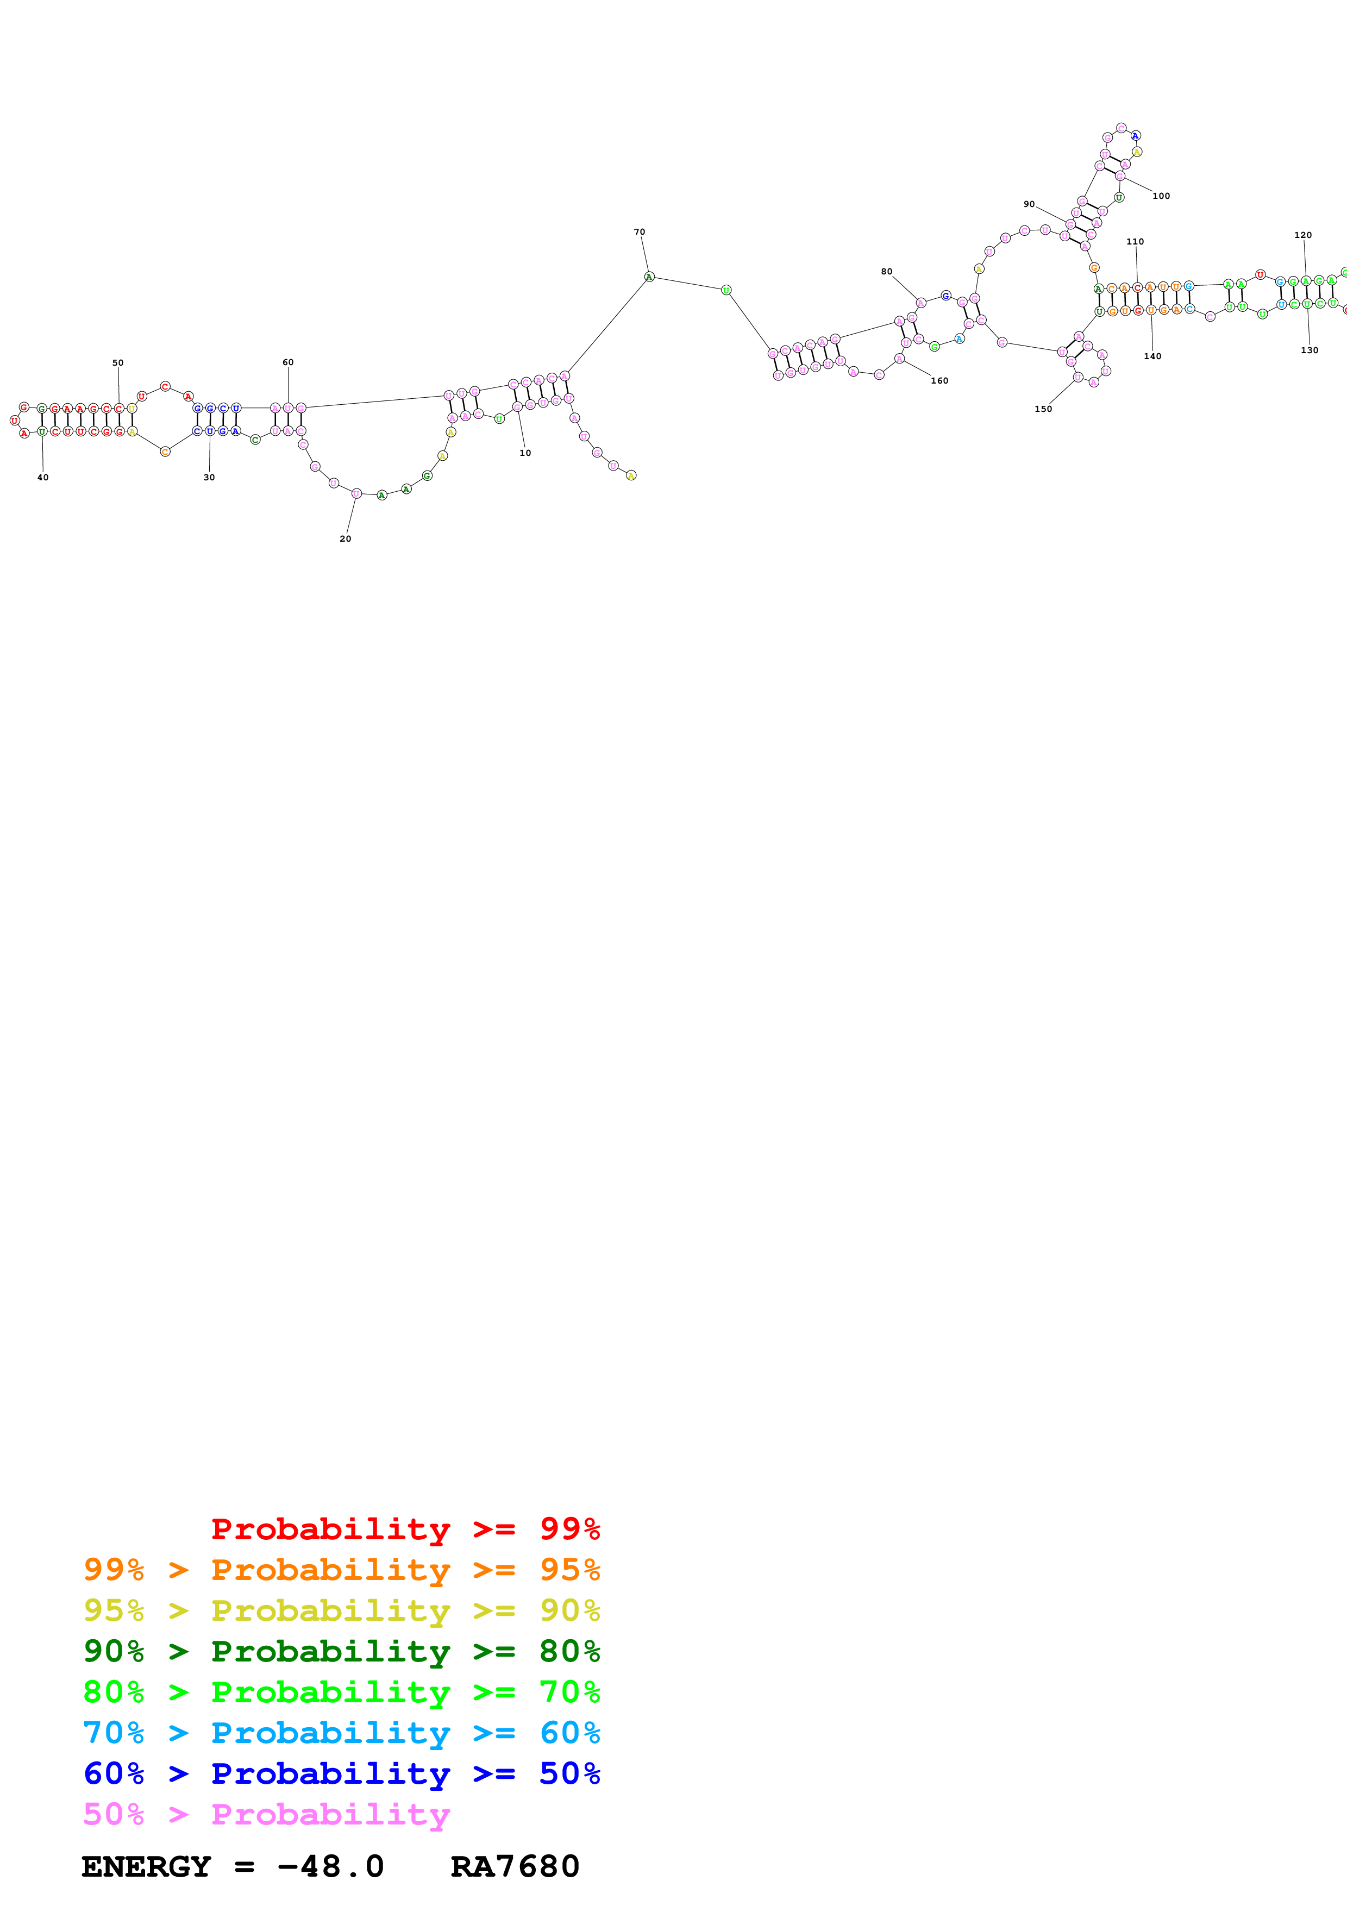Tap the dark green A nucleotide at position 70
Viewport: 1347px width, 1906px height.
coord(649,277)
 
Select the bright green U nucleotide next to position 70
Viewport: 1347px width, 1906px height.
coord(726,290)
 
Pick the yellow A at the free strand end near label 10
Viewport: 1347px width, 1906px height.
coord(631,475)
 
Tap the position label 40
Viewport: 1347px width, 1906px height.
coord(43,478)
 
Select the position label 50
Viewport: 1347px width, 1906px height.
coord(118,363)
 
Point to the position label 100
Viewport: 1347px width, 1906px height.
coord(1161,197)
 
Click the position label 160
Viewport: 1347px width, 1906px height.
coord(939,381)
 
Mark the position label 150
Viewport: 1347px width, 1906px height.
coord(1043,409)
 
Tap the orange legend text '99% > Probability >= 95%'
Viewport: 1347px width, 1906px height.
coord(341,1569)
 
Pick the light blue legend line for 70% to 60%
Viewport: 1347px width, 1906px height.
coord(341,1733)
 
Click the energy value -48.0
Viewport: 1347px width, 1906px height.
coord(330,1866)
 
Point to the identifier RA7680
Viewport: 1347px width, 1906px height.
coord(515,1866)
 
